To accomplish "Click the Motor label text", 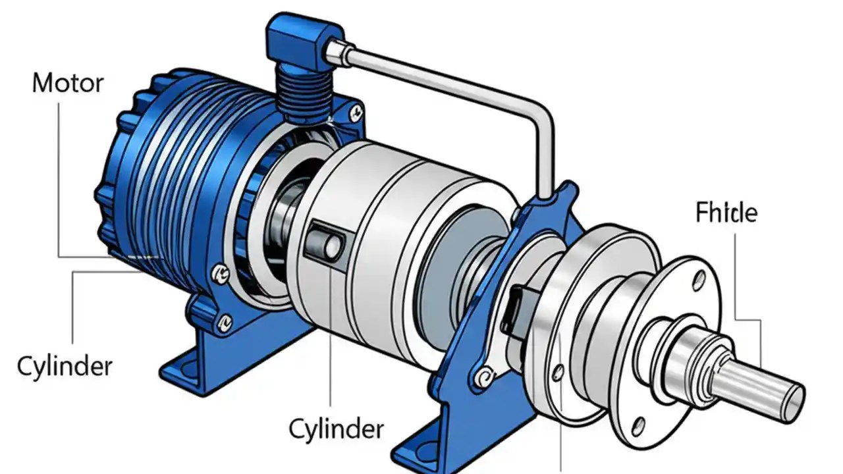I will point(68,84).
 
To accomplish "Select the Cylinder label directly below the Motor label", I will point(65,366).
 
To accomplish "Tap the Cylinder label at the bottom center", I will point(336,430).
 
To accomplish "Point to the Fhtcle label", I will point(726,213).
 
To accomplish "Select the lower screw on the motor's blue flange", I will point(225,322).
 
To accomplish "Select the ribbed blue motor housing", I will point(165,171).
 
